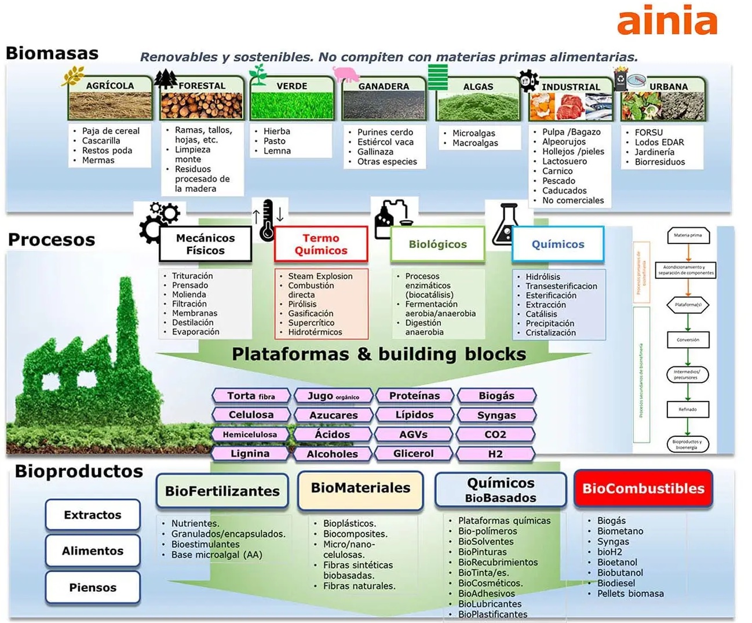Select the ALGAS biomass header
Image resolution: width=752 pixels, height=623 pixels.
pos(478,86)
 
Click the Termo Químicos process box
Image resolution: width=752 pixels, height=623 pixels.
pos(321,244)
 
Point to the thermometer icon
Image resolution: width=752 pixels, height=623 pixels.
pos(267,221)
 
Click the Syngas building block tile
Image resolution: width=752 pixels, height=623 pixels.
pos(497,415)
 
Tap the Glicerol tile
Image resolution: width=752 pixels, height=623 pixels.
pos(413,454)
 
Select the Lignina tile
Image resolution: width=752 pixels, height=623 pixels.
pos(250,454)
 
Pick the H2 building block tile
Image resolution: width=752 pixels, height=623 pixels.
pos(495,454)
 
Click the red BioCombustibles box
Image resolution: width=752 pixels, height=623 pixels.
pos(643,489)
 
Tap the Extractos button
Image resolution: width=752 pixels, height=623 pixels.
pos(93,515)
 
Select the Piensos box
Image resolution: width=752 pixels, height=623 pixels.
pos(93,587)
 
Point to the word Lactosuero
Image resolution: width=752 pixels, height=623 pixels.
pos(564,161)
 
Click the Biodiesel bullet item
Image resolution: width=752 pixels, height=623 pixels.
pos(616,583)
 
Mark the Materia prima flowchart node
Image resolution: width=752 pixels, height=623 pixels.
pos(688,235)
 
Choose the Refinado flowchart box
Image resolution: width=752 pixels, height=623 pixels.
pos(688,409)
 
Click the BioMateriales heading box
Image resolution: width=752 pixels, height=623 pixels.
pos(360,489)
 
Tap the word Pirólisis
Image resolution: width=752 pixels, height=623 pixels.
pos(302,304)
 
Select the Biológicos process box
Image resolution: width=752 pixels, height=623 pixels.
pos(437,244)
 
